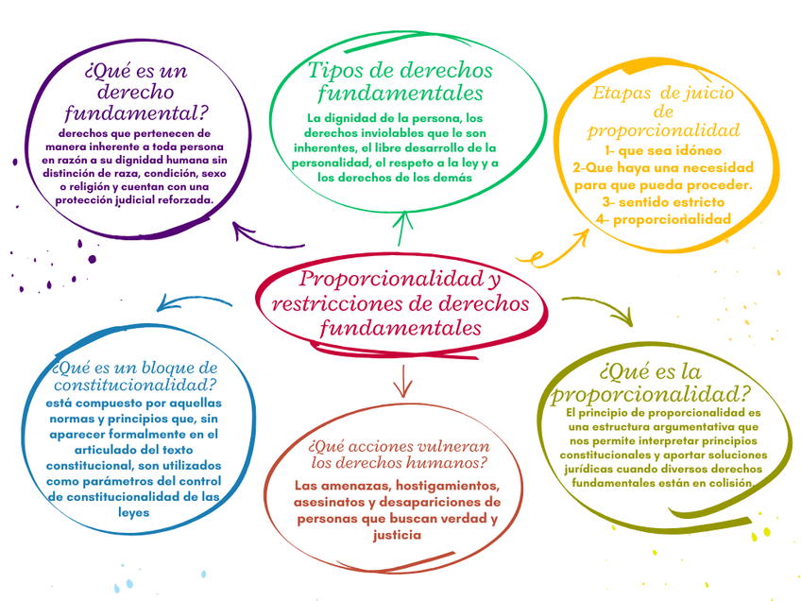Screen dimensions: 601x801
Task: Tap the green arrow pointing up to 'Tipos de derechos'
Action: point(403,229)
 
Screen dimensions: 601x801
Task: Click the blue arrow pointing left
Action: point(189,302)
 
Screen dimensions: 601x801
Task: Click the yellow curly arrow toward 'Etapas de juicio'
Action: point(557,244)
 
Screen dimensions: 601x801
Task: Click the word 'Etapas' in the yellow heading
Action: point(622,94)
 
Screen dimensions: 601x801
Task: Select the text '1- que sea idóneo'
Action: point(662,150)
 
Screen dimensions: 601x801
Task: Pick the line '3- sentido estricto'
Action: point(663,202)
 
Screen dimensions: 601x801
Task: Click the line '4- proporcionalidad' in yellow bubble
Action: point(663,219)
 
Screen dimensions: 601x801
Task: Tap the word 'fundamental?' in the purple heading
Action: point(135,114)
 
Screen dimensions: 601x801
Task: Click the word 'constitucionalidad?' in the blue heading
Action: point(135,386)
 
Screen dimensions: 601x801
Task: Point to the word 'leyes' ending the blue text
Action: point(134,512)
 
